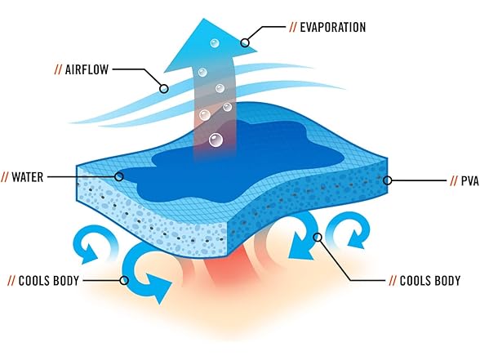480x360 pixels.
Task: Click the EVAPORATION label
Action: (333, 27)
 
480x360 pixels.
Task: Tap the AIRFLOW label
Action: (87, 69)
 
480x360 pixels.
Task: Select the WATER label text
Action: (28, 177)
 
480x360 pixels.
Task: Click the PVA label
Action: (470, 181)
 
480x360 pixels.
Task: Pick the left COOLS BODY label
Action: (49, 281)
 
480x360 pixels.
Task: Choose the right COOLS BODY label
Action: (430, 281)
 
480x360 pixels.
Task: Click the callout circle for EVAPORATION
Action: (245, 42)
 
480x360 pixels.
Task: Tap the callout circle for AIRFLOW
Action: (164, 89)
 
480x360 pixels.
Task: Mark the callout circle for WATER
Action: (119, 176)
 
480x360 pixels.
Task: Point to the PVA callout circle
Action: (388, 180)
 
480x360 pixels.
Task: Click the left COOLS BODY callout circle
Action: (124, 280)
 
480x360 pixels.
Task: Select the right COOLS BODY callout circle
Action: (318, 237)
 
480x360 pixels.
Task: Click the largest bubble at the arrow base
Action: (216, 140)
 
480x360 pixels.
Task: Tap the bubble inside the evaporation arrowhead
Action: (215, 42)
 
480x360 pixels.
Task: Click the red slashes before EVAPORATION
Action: (293, 27)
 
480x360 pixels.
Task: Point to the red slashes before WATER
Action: (5, 177)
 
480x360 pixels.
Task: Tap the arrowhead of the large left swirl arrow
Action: (158, 287)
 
